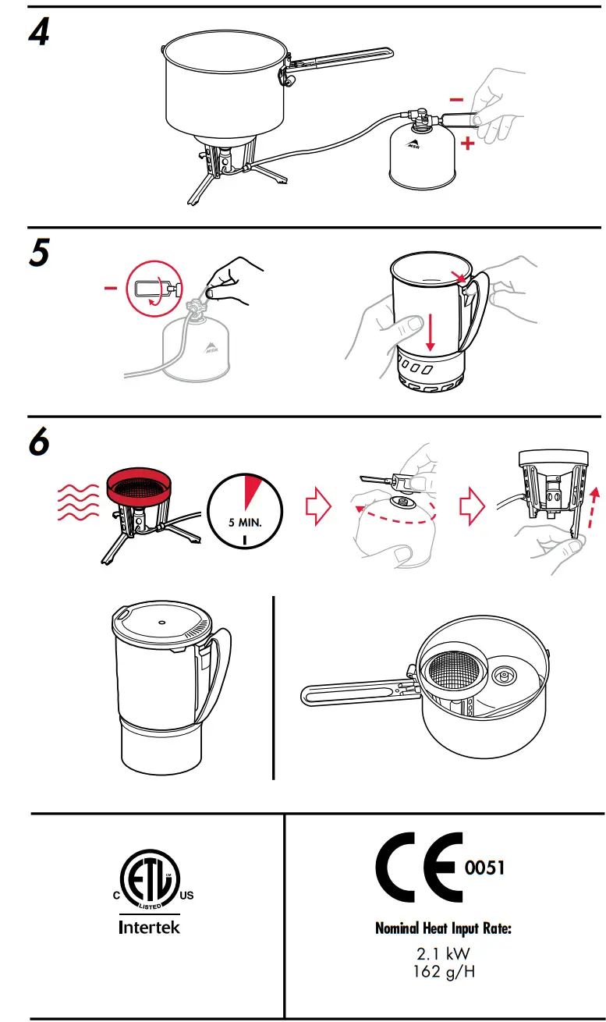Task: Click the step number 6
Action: (x=39, y=442)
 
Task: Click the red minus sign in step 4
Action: (x=457, y=100)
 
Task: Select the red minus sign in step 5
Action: (x=112, y=288)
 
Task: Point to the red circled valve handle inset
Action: (x=154, y=288)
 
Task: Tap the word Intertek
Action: (x=149, y=928)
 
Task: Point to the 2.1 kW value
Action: (x=444, y=953)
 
